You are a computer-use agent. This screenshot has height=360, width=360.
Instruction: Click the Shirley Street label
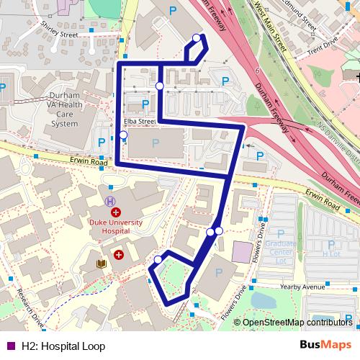pyautogui.click(x=60, y=33)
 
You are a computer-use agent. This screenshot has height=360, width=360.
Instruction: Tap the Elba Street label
pyautogui.click(x=139, y=122)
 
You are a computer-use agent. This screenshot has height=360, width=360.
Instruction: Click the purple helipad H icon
pyautogui.click(x=110, y=202)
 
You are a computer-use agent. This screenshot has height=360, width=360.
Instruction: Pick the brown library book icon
pyautogui.click(x=101, y=265)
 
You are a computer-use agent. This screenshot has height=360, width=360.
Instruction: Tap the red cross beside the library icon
pyautogui.click(x=118, y=255)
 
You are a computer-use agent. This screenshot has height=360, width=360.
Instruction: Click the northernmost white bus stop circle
pyautogui.click(x=197, y=38)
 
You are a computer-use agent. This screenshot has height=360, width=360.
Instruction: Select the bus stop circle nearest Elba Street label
pyautogui.click(x=123, y=135)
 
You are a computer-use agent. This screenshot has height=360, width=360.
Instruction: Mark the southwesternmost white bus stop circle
pyautogui.click(x=158, y=260)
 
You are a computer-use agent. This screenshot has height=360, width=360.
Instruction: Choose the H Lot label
pyautogui.click(x=330, y=253)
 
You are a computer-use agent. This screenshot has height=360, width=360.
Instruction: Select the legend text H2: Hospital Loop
pyautogui.click(x=63, y=346)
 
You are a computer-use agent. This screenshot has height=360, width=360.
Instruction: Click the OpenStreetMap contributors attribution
pyautogui.click(x=297, y=323)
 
